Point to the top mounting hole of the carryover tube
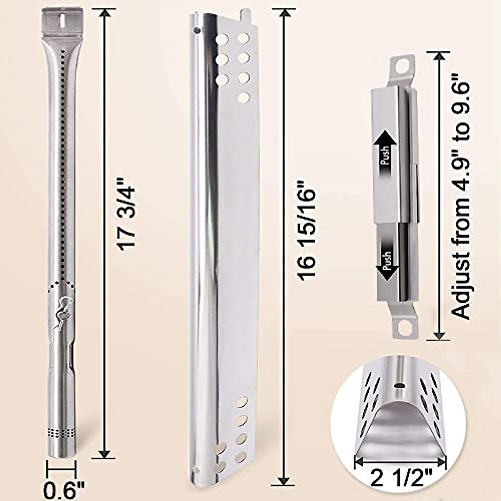coord(402,66)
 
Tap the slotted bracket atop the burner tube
coord(62,20)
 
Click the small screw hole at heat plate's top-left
coord(196,30)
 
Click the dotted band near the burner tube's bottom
coord(61,433)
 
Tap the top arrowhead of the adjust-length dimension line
coord(438,56)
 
